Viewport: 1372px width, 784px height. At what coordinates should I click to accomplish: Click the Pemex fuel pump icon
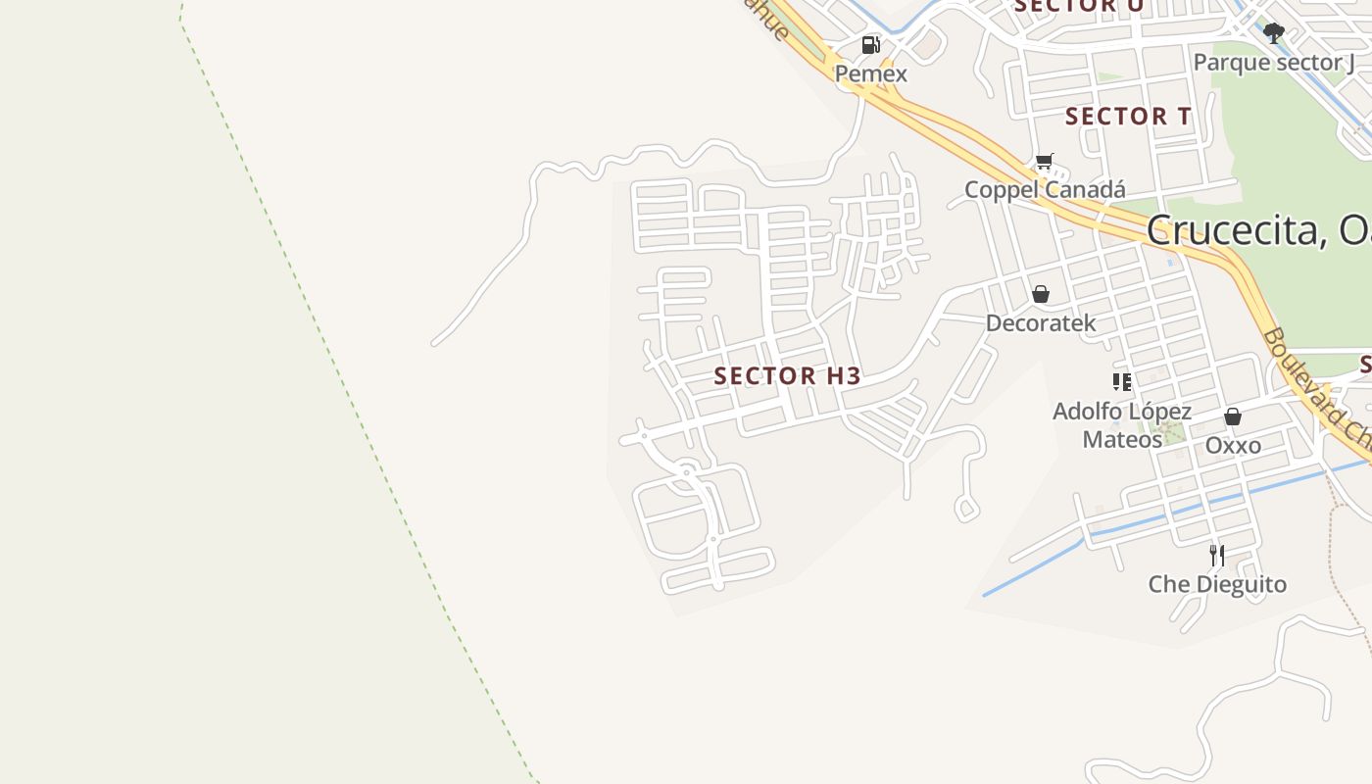click(x=870, y=45)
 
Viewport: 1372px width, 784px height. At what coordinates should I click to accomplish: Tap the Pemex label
click(x=870, y=73)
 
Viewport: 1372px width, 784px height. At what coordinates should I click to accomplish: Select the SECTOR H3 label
click(x=787, y=375)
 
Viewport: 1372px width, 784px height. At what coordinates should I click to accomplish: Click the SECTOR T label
click(x=1128, y=116)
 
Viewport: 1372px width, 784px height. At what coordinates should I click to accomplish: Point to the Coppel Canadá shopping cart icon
click(x=1045, y=162)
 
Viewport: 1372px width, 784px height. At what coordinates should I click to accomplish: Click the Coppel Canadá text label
click(x=1045, y=189)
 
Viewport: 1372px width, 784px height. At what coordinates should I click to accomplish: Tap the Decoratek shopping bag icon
click(x=1041, y=294)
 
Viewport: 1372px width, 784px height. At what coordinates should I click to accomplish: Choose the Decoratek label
click(x=1041, y=322)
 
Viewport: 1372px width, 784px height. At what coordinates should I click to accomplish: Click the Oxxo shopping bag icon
click(x=1233, y=416)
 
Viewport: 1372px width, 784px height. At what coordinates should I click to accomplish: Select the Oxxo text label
click(x=1233, y=445)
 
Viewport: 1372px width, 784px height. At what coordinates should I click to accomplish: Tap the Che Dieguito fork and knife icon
click(x=1217, y=556)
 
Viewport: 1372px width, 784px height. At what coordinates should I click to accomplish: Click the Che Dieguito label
click(x=1217, y=584)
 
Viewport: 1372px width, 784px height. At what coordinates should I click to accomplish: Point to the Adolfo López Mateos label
click(x=1122, y=425)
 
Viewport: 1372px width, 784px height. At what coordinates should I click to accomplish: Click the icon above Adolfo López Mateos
click(x=1122, y=381)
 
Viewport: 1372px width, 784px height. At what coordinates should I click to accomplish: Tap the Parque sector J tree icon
click(x=1273, y=34)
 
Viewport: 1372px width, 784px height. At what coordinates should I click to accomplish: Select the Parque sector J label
click(x=1273, y=63)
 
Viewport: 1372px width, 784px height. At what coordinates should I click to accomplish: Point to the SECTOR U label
click(x=1078, y=6)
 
